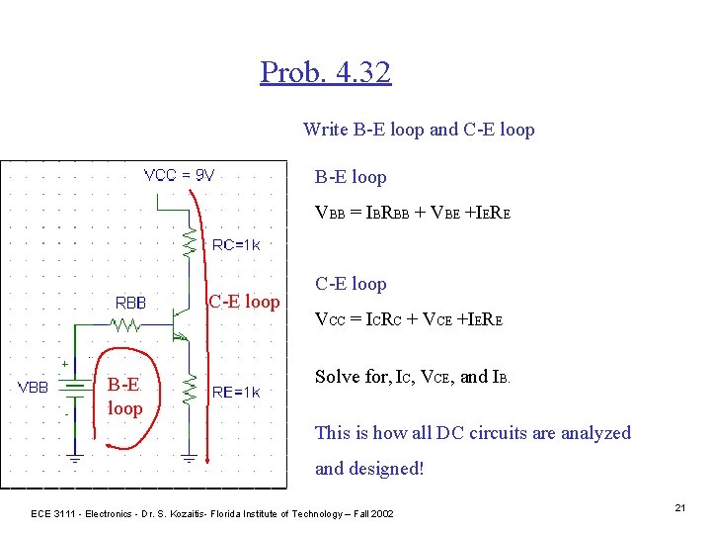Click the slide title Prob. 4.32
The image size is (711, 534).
click(326, 72)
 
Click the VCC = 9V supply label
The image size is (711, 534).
click(179, 176)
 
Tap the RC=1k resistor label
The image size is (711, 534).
click(236, 245)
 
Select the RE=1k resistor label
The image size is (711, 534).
click(236, 393)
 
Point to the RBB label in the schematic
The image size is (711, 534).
click(131, 303)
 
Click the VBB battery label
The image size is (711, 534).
click(34, 388)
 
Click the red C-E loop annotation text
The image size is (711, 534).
click(244, 302)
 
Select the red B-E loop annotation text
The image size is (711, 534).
click(124, 397)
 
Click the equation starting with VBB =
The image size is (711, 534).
click(412, 212)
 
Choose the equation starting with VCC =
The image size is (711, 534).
click(409, 319)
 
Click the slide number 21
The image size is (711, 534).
click(680, 507)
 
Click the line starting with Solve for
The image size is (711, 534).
click(413, 377)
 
